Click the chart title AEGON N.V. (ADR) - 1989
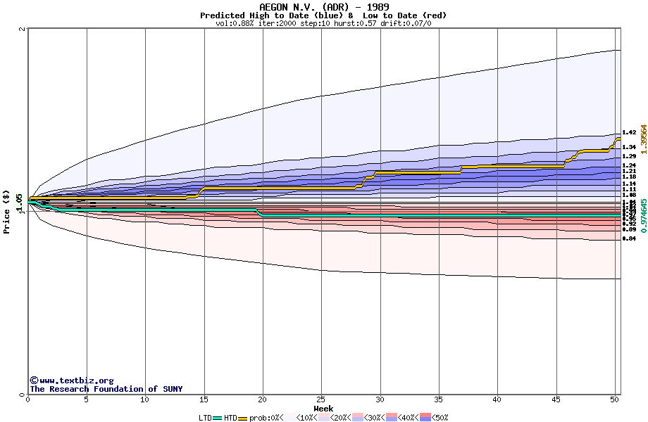pos(324,7)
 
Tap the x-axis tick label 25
pos(321,400)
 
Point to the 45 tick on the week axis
pos(556,400)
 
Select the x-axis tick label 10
pos(145,400)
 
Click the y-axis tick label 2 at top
pos(23,30)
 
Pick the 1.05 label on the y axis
pos(20,201)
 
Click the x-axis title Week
pos(323,408)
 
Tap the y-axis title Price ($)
pos(7,212)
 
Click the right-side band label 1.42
pos(629,132)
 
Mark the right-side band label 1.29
pos(629,156)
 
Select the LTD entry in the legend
pos(205,418)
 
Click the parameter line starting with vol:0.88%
pos(323,23)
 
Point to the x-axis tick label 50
pos(614,400)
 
